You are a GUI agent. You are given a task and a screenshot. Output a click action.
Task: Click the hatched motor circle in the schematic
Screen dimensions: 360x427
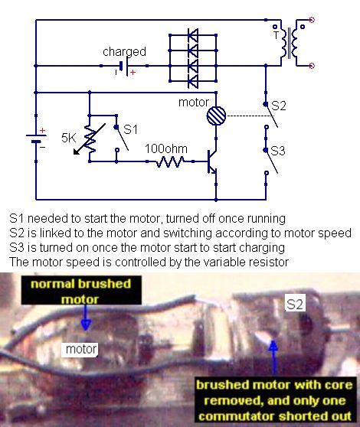[216, 116]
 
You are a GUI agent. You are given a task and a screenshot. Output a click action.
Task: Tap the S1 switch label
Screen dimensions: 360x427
[130, 129]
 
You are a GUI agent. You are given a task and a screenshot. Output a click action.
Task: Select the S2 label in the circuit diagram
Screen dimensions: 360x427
[279, 106]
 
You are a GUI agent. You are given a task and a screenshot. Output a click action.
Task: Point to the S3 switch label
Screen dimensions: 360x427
[278, 151]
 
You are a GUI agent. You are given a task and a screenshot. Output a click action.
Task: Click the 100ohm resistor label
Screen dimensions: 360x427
[166, 148]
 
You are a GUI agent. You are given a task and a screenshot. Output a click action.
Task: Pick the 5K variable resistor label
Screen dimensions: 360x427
[68, 138]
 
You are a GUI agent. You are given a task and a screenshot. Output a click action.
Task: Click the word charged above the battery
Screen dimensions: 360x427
[124, 52]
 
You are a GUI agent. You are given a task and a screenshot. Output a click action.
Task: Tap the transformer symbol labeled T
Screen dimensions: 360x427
[289, 42]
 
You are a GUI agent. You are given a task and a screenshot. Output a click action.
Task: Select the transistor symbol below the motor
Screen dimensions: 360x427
[212, 161]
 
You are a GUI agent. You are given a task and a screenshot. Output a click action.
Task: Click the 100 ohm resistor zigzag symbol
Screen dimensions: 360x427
[170, 161]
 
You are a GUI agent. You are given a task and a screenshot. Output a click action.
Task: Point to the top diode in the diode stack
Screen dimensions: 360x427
[193, 35]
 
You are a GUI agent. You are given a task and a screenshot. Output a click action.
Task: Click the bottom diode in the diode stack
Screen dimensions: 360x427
[193, 81]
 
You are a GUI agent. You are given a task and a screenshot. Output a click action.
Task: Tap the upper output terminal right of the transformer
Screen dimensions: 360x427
[312, 20]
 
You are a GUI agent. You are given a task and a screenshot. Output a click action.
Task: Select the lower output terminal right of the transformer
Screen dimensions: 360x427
[312, 66]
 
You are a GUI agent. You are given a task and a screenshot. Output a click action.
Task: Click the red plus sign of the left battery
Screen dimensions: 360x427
[43, 130]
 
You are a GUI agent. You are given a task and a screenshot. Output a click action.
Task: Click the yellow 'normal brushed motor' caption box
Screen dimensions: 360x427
[81, 290]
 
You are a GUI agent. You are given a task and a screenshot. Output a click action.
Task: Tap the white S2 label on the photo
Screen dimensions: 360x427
[294, 304]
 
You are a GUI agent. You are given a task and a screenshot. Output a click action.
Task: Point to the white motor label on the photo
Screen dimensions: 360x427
[81, 349]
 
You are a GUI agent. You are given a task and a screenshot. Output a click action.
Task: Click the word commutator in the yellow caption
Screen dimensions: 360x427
[237, 416]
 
